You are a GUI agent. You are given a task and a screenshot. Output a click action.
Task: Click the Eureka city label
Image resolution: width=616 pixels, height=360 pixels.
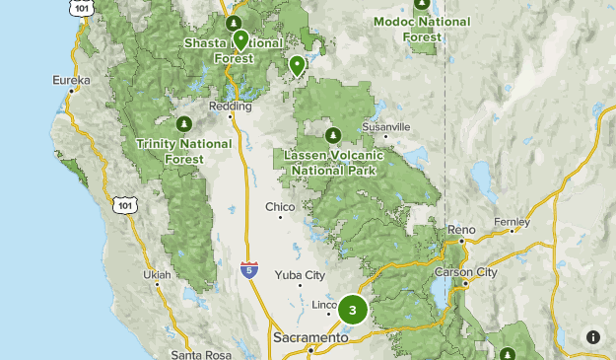coord(72,80)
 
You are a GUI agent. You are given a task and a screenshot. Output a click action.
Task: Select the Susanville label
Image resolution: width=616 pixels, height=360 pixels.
coord(385,127)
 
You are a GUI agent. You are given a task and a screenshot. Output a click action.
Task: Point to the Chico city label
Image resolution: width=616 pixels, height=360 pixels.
coord(280,207)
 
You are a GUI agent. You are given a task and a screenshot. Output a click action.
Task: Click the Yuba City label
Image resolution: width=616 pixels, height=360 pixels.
coord(300,275)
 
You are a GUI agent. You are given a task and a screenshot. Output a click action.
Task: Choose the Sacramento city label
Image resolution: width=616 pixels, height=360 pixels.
coord(309,337)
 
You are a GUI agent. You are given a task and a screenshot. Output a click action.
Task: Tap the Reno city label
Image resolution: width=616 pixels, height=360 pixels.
coord(461,230)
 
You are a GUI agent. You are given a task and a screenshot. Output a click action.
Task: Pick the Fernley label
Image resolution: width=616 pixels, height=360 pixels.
coord(513,223)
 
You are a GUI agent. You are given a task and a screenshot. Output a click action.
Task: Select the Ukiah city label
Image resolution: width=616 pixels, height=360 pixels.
coord(156,273)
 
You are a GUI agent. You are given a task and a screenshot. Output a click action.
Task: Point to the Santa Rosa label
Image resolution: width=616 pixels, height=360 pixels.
coord(200,353)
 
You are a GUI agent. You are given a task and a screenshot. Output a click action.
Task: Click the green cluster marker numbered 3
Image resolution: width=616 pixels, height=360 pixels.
coord(353,310)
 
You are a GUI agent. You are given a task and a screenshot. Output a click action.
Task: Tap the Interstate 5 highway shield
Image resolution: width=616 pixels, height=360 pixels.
coord(250,268)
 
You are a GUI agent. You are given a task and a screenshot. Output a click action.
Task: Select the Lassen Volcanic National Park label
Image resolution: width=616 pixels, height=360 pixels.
coord(329,162)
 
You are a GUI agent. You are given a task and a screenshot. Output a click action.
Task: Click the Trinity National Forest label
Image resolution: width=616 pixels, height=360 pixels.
coord(184,150)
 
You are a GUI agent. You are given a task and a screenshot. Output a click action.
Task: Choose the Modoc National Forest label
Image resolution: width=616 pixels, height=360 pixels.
coord(422,29)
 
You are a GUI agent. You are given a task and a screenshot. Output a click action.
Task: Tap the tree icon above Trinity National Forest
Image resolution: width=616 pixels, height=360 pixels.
coord(184,124)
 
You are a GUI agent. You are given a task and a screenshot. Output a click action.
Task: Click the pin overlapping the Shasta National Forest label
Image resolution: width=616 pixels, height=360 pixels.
coord(240,39)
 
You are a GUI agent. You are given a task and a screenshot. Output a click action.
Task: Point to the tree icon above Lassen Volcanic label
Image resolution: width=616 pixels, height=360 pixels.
coord(333,135)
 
